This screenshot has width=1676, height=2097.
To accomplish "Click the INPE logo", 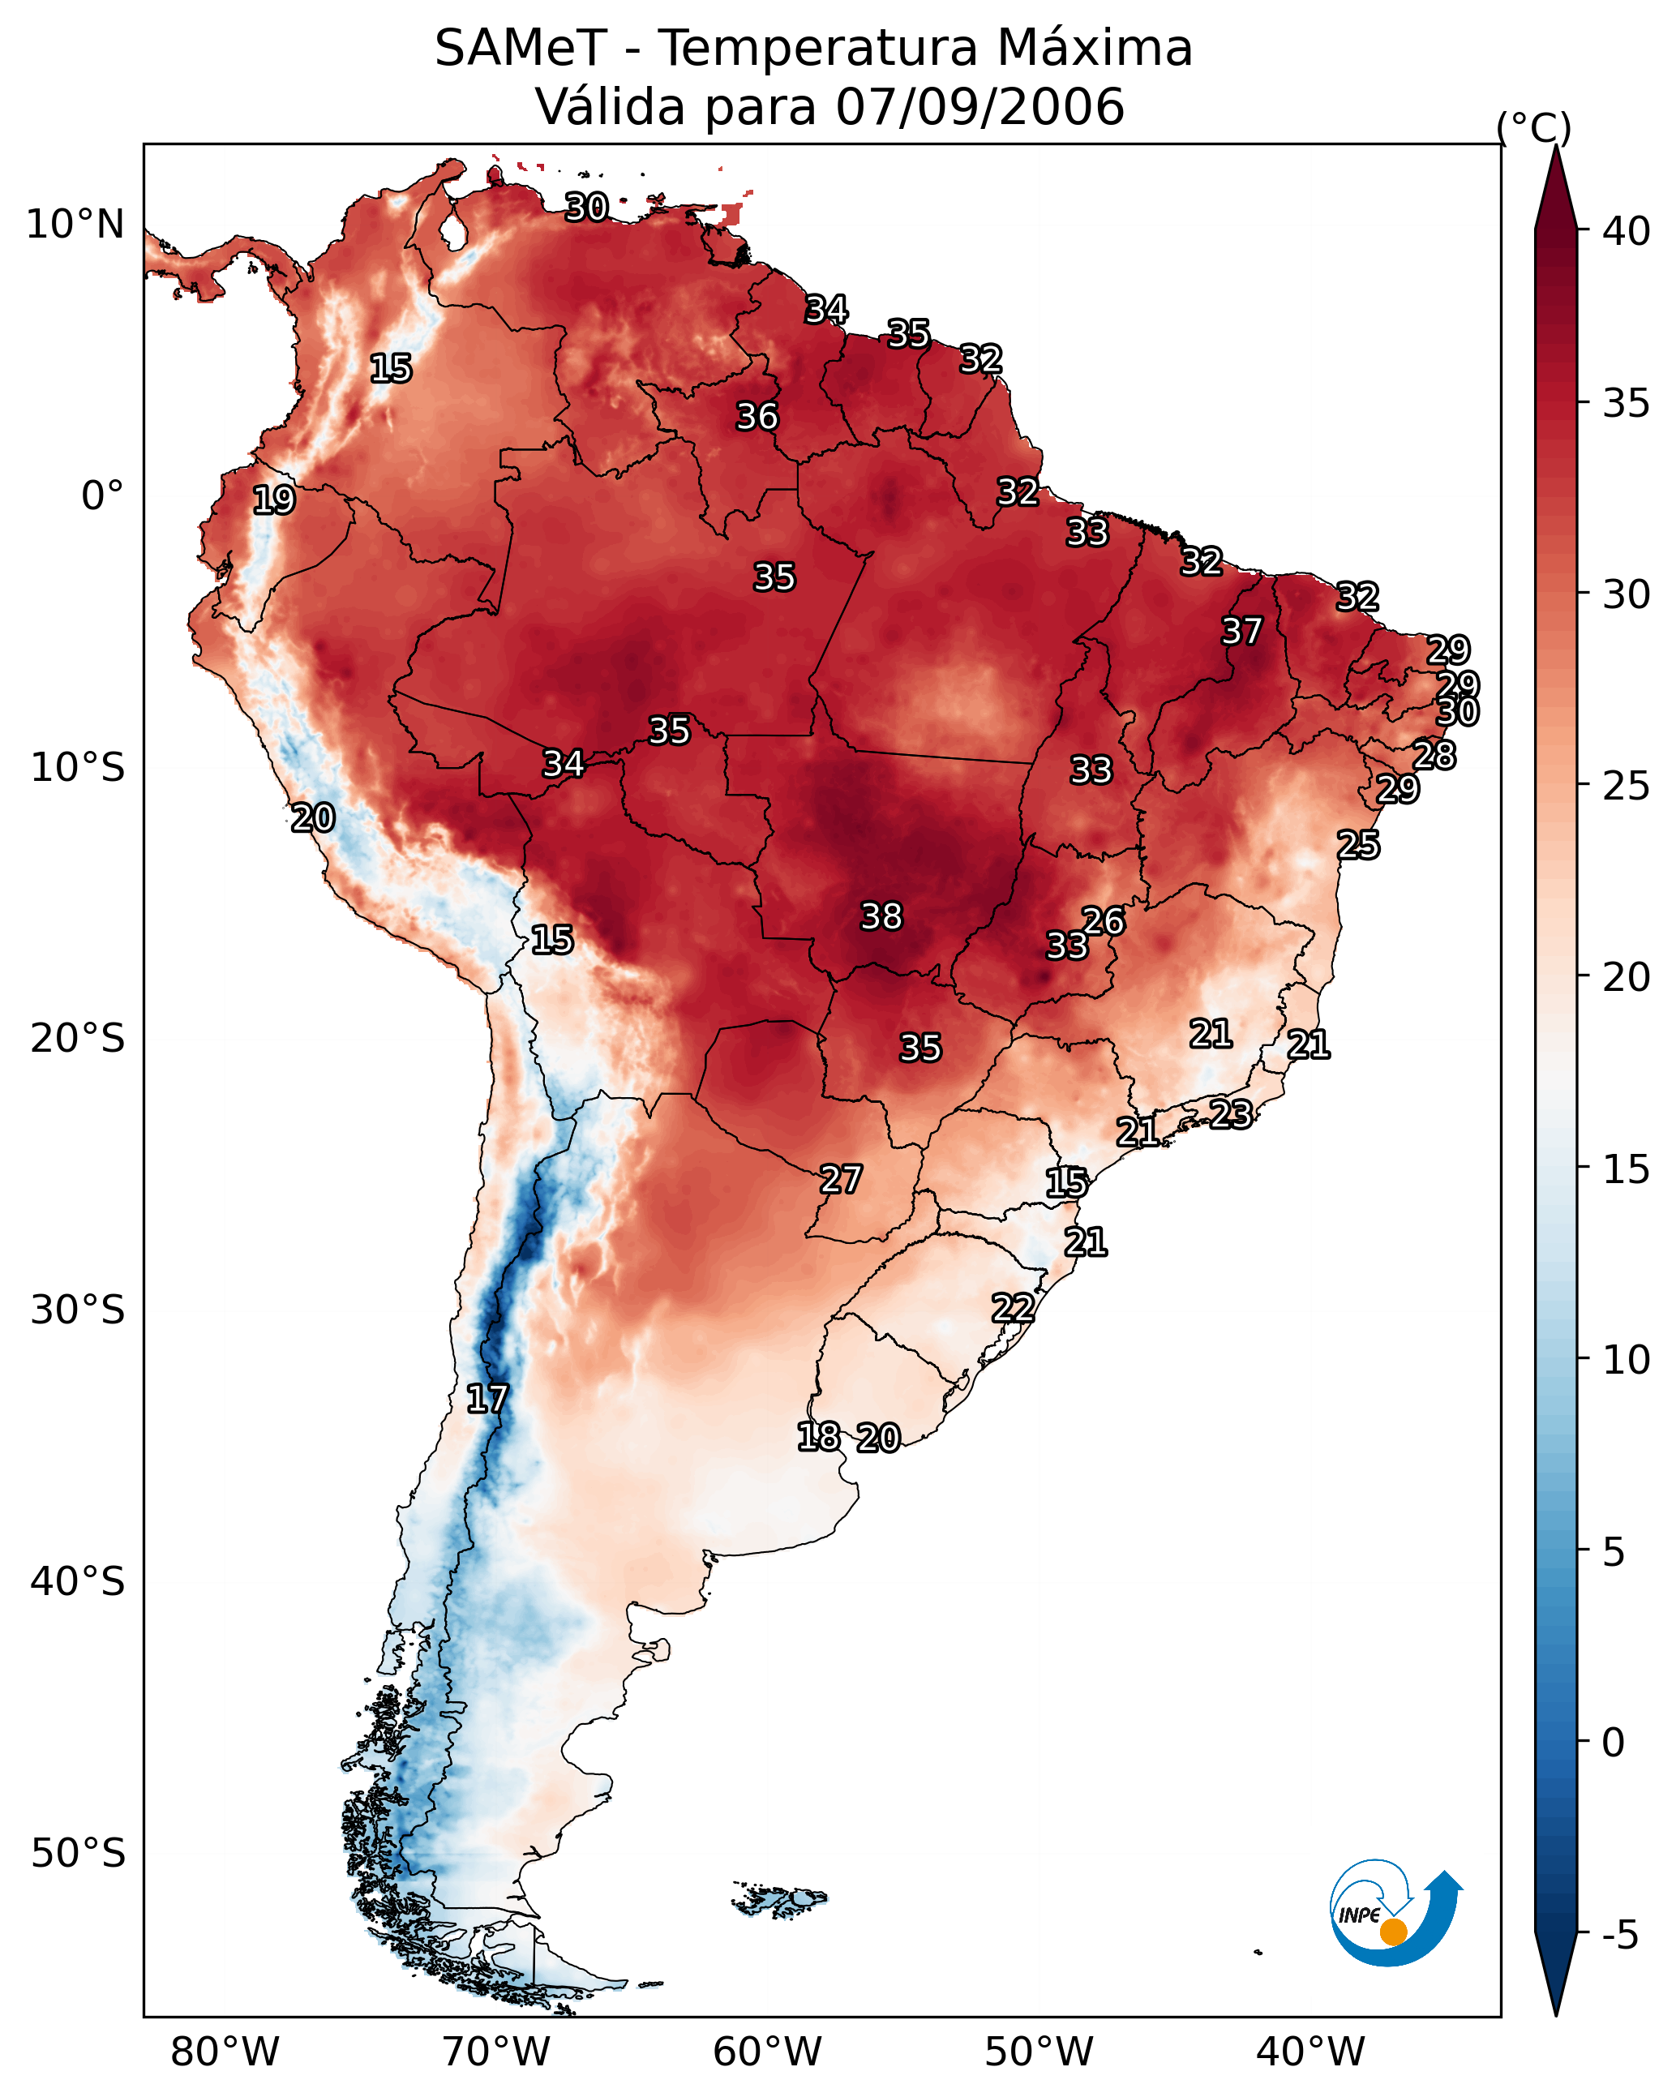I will (x=1393, y=1915).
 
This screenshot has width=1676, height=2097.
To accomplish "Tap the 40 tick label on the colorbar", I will (x=1626, y=231).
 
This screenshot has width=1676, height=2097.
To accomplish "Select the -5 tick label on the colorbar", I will (x=1619, y=1936).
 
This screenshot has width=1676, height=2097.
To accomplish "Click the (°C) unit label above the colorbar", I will (x=1534, y=127).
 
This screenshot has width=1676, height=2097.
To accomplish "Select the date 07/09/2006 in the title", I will (x=979, y=107).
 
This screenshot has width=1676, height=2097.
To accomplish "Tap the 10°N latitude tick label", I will (x=75, y=225).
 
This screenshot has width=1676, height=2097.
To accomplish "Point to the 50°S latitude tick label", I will (x=78, y=1853).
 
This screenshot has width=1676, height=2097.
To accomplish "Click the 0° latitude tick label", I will (x=102, y=496).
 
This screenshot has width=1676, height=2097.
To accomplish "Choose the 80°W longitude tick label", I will (x=225, y=2052).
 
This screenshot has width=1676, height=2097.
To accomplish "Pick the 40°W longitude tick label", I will (x=1310, y=2052).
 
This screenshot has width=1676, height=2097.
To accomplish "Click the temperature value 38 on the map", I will (x=881, y=916).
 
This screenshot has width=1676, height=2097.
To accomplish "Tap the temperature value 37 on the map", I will (x=1241, y=631).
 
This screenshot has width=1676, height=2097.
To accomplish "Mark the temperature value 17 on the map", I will (x=487, y=1399).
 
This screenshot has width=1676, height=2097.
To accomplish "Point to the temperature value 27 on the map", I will (x=840, y=1180).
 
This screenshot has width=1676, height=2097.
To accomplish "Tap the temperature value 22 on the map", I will (x=1013, y=1308).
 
